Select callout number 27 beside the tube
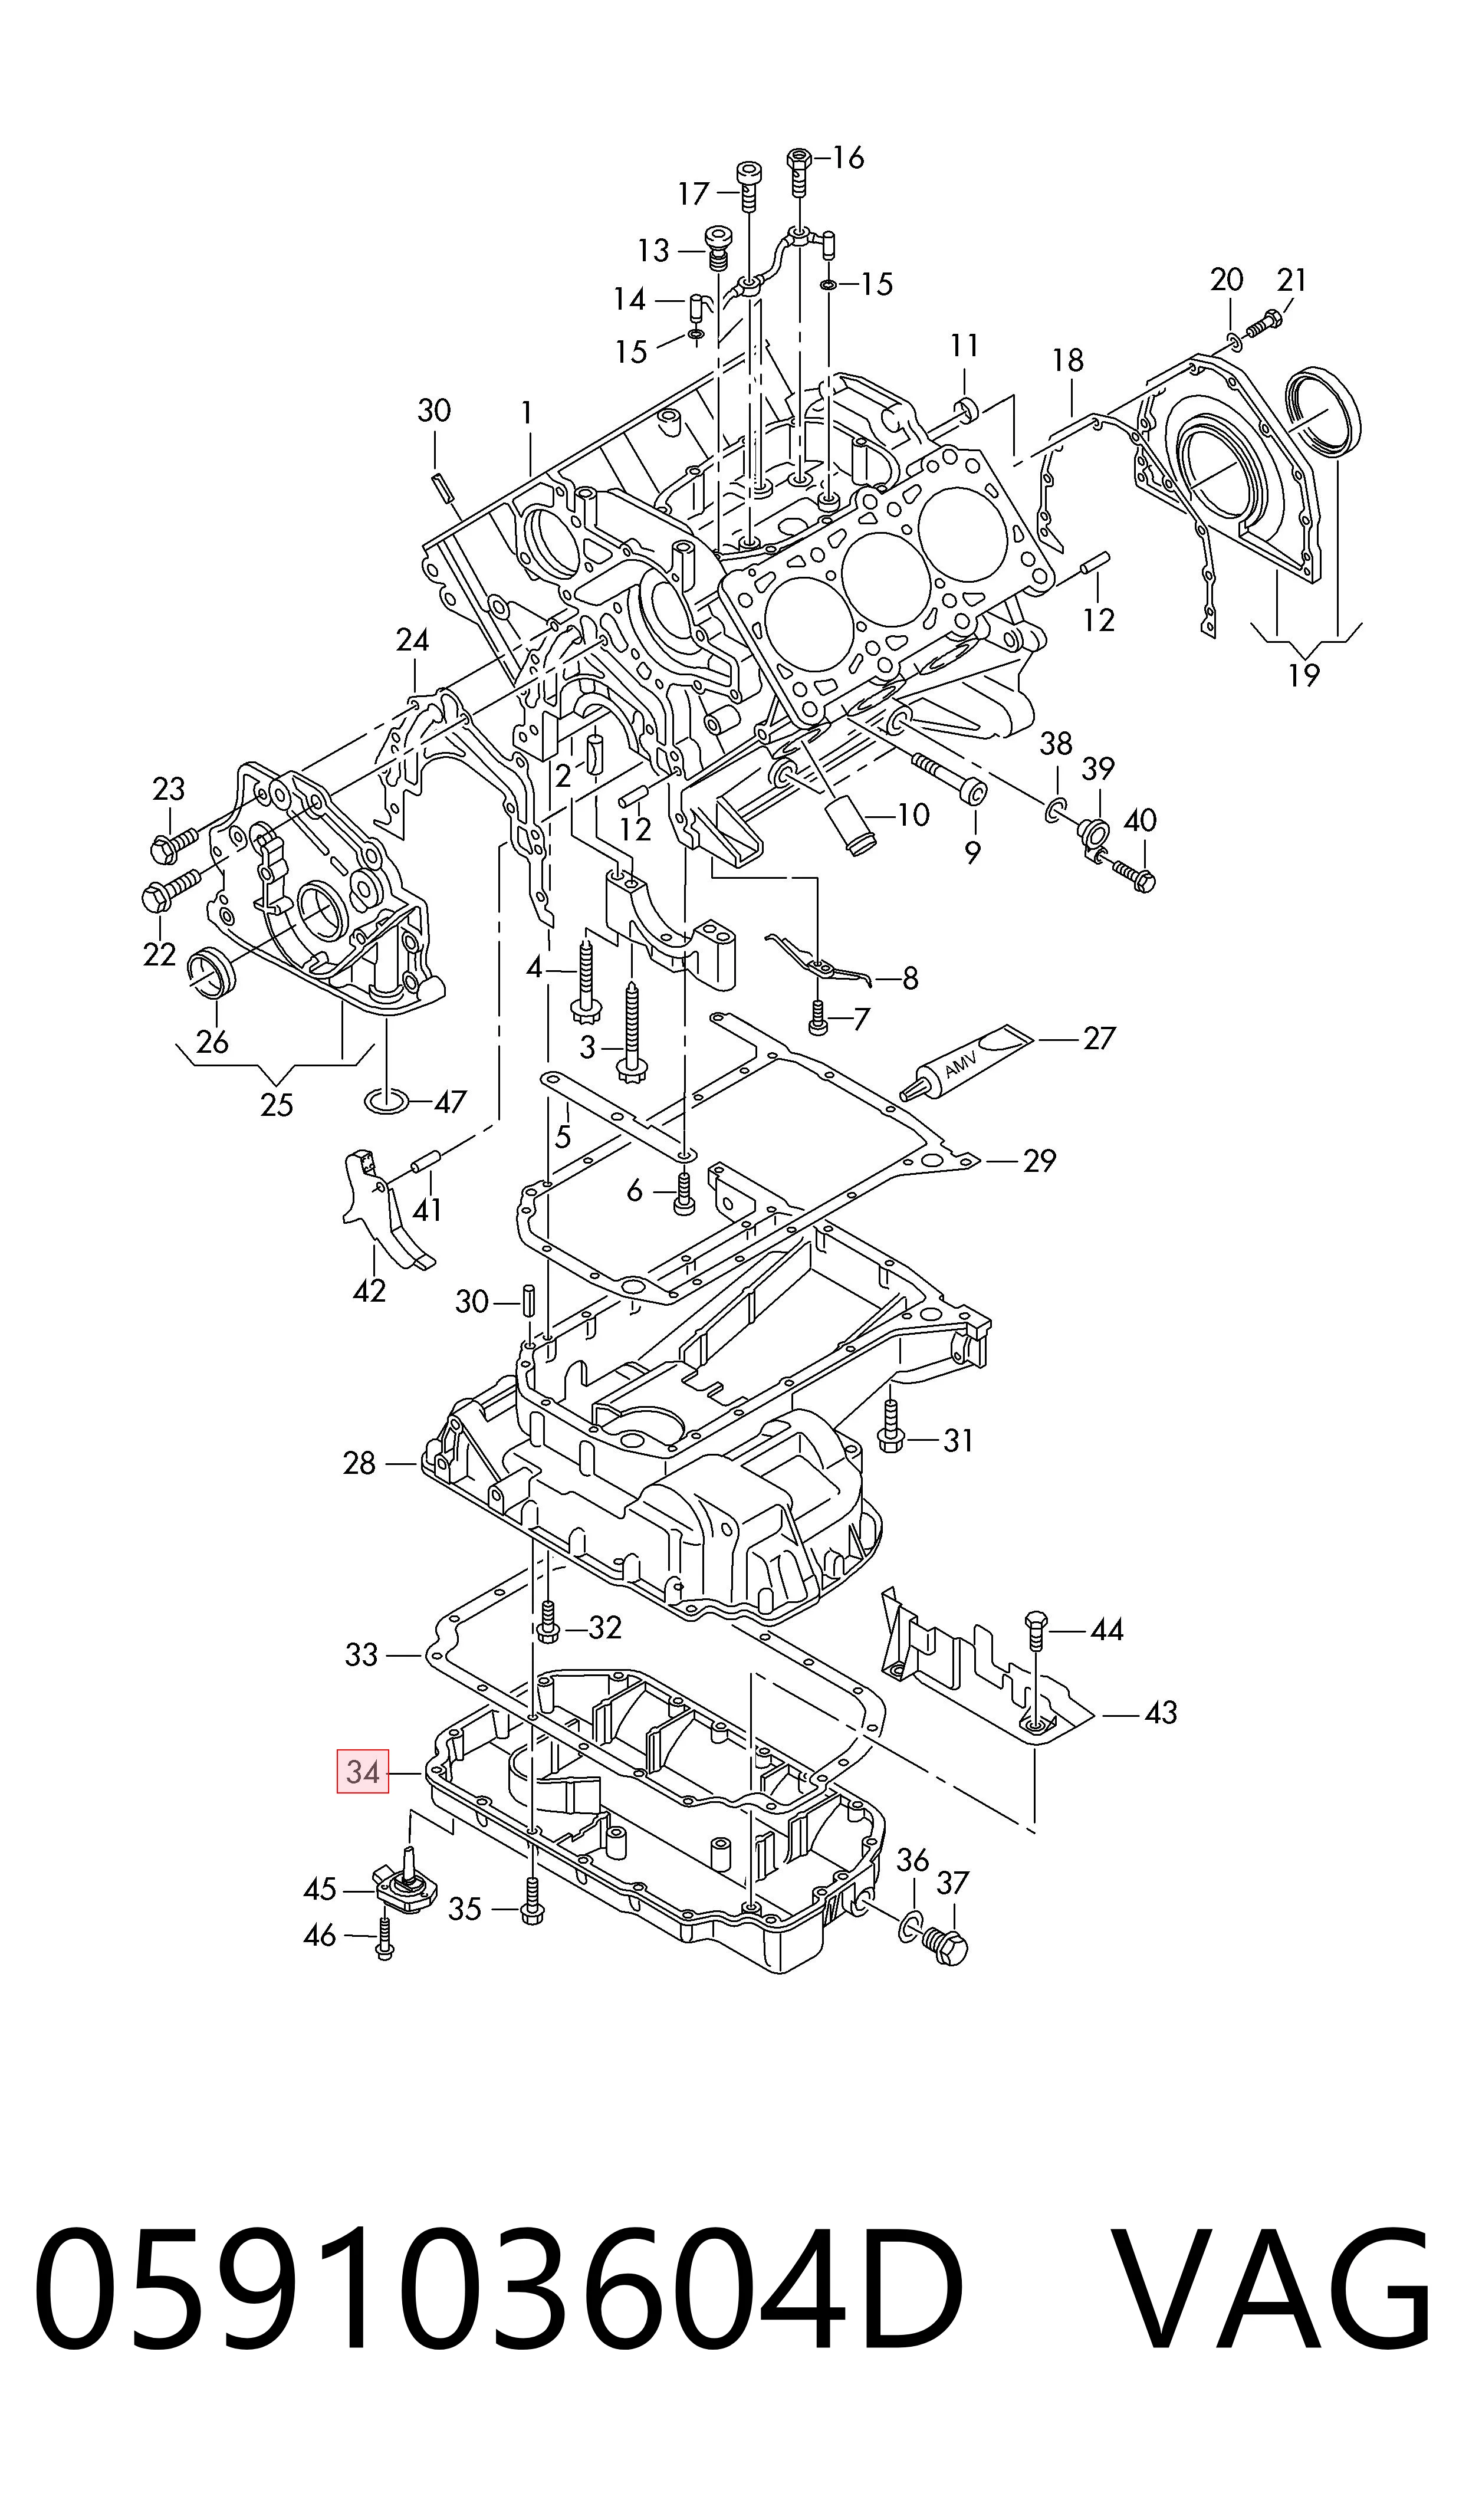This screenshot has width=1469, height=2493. (1099, 1038)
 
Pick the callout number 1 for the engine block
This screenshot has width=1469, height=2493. (527, 413)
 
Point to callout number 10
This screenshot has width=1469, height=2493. (913, 814)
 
